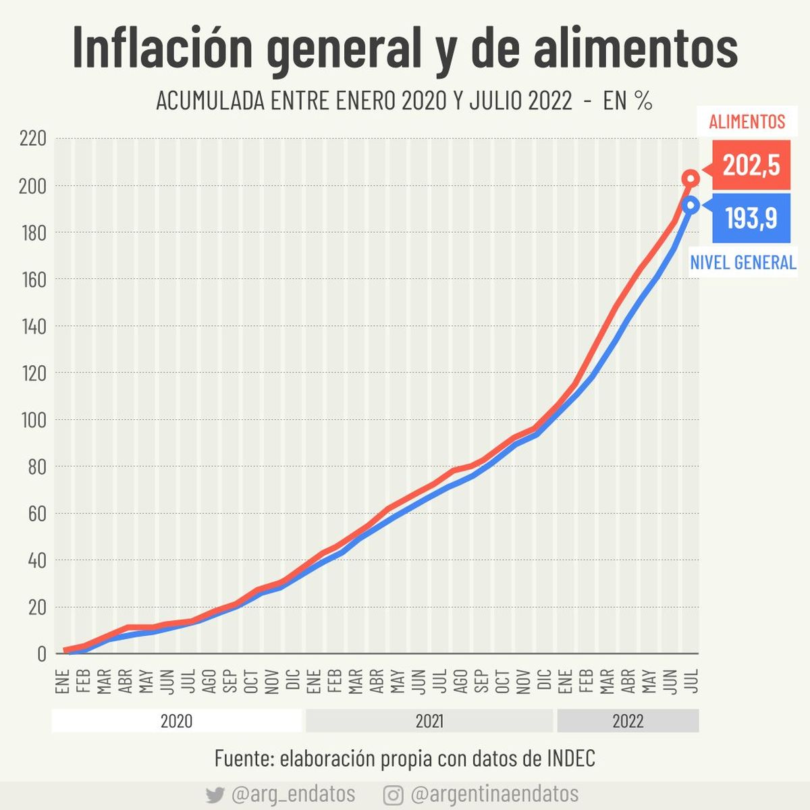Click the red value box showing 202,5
coord(751,165)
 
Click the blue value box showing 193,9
coord(751,218)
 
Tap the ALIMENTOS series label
coord(747,122)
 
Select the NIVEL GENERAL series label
coord(742,262)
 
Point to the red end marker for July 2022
coord(691,179)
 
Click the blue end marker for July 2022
coord(690,205)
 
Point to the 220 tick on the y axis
coord(33,139)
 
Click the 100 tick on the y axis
coord(33,420)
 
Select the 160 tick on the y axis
coord(33,279)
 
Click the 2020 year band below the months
coord(176,721)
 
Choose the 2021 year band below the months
coord(429,721)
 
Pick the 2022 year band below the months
coord(628,721)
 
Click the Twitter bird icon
coord(215,794)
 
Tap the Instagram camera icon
coord(393,794)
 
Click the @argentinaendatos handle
coord(494,794)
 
